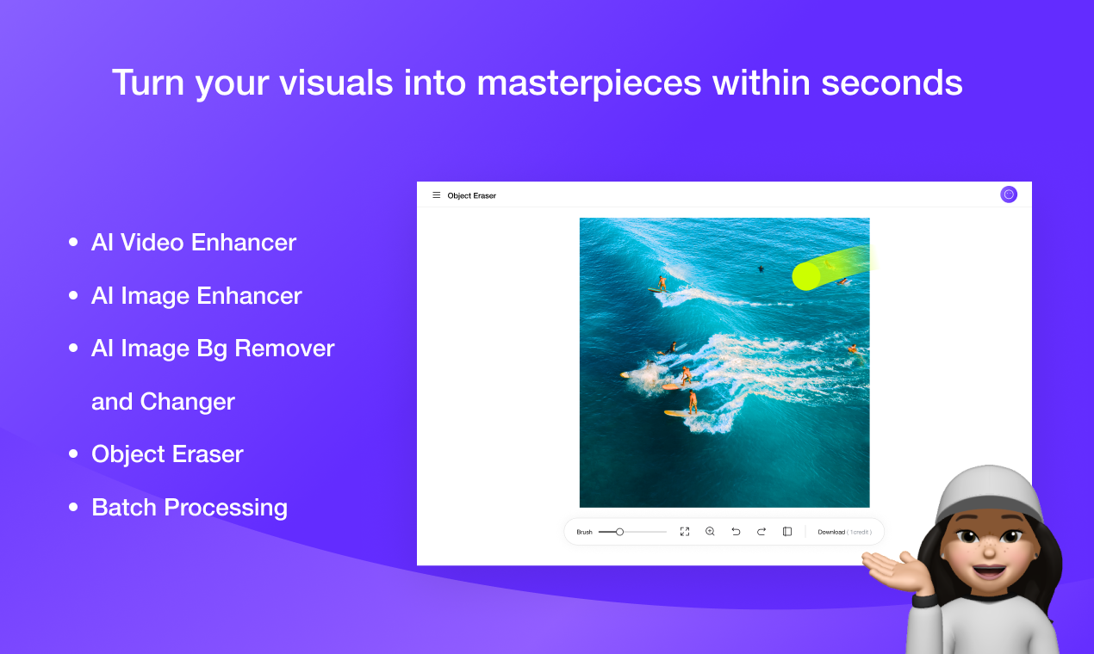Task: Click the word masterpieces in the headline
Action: click(x=588, y=83)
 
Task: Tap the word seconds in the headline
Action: click(x=892, y=83)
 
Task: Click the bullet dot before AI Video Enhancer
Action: click(x=73, y=243)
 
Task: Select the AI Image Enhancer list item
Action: click(x=196, y=296)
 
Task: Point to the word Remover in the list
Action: click(x=284, y=349)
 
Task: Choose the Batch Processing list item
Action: click(x=190, y=508)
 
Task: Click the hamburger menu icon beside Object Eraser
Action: click(x=436, y=195)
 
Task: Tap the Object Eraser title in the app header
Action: click(x=471, y=195)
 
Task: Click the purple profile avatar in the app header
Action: click(x=1009, y=194)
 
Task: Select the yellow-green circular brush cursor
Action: click(x=805, y=276)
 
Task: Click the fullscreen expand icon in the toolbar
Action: click(x=685, y=532)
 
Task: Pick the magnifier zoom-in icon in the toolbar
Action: click(x=710, y=532)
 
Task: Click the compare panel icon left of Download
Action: click(x=787, y=532)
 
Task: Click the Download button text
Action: click(x=831, y=532)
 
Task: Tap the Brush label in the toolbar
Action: click(x=584, y=532)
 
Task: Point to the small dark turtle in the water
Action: click(x=761, y=269)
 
